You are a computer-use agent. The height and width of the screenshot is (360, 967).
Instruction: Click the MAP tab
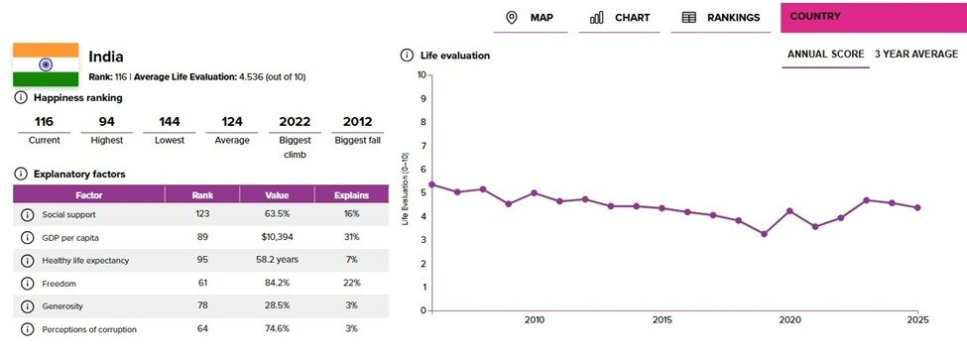click(530, 17)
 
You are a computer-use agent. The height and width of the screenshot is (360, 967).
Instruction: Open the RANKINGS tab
click(721, 17)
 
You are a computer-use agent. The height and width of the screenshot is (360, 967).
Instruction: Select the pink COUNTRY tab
click(873, 17)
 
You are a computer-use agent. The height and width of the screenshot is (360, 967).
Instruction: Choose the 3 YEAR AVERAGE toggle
click(916, 55)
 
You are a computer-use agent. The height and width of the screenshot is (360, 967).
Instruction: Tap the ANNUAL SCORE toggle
click(826, 55)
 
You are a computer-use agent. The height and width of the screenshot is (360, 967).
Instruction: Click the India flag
click(46, 64)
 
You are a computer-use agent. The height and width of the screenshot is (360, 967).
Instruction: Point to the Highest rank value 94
click(107, 121)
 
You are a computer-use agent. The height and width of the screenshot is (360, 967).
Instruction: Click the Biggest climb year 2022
click(295, 121)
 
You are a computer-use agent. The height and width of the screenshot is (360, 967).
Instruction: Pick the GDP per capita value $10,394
click(277, 237)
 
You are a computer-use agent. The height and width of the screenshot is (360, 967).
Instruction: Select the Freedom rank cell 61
click(202, 283)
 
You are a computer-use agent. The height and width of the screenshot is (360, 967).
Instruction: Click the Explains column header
click(351, 195)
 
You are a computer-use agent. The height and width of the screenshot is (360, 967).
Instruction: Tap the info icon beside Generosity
click(27, 305)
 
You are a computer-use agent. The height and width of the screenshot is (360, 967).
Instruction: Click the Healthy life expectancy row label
click(85, 260)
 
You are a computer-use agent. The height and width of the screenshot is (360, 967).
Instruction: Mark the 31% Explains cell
click(351, 237)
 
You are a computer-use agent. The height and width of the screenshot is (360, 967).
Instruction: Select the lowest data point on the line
click(764, 234)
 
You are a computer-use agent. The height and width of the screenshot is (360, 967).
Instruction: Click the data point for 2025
click(917, 207)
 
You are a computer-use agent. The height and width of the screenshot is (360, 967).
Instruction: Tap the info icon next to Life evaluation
click(407, 56)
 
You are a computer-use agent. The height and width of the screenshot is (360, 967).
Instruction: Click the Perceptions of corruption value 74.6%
click(277, 328)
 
